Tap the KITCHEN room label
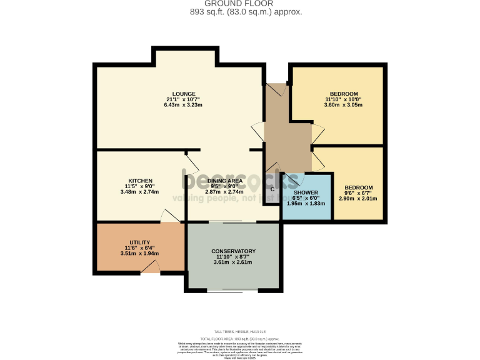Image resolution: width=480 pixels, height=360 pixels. point(141,181)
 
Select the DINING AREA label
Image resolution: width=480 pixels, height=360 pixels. point(224,181)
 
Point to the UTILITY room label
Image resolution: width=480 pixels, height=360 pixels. point(139,242)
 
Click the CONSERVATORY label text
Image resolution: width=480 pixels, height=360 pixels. point(233,251)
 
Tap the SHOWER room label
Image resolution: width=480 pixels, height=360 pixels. point(306,192)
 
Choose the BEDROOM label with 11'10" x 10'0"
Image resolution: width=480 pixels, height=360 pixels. point(344,94)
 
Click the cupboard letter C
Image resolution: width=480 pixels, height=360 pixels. point(272,189)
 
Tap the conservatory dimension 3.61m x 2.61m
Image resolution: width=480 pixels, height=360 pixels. point(232,262)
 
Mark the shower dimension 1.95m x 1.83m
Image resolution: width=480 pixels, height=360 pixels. point(306,204)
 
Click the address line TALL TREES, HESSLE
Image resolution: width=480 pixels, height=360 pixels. point(240,331)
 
